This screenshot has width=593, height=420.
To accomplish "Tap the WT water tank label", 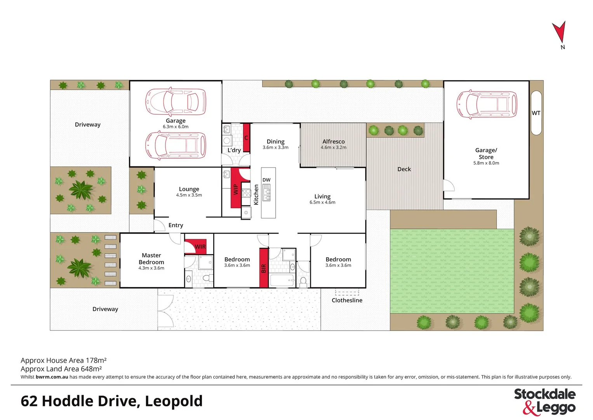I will point(536,113).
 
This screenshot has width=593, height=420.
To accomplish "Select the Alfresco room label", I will point(333,142).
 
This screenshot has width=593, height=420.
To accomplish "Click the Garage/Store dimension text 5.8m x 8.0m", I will point(486,163).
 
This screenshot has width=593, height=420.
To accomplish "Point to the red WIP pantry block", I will point(235,189).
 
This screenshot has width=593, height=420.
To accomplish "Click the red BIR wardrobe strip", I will point(264,268).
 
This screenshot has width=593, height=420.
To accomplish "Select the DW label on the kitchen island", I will point(266,180).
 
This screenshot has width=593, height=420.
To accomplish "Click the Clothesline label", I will point(347,301).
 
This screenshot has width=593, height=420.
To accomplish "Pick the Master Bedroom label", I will point(151,259).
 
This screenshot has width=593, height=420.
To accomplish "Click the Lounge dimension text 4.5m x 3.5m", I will point(189,195).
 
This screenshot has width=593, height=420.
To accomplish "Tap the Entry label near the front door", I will point(176,225).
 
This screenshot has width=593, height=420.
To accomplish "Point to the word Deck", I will point(404,169).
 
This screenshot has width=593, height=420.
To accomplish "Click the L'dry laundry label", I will point(234,150).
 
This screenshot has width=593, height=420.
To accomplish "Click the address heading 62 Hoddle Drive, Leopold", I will point(111,401).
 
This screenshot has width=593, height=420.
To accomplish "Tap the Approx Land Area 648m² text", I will point(61,369).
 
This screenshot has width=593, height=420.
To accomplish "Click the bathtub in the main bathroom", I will point(282,281).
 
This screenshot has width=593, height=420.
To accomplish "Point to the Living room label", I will point(322,196).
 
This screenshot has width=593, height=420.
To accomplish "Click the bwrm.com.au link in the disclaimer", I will point(52,377).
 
